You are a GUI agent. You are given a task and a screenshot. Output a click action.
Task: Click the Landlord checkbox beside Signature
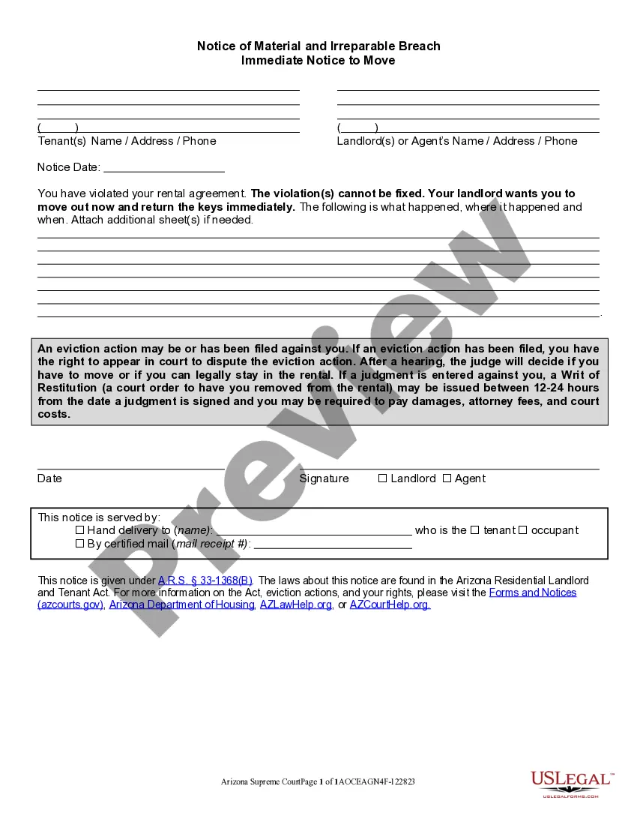382,478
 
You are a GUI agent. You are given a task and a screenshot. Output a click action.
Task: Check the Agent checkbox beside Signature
447,478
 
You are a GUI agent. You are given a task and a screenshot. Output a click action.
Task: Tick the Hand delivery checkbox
79,530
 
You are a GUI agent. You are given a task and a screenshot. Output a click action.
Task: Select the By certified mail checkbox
79,544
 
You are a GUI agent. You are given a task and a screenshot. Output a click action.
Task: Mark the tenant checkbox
474,530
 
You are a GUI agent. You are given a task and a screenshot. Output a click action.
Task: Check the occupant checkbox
523,530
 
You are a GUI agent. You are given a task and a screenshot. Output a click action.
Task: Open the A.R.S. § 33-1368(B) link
205,580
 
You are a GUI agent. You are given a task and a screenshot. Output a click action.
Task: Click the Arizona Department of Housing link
182,604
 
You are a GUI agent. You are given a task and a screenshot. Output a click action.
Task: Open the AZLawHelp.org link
296,604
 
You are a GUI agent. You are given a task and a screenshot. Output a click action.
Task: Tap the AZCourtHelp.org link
390,604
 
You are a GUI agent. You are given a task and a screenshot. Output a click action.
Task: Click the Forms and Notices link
533,592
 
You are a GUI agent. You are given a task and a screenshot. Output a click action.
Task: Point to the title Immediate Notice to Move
318,60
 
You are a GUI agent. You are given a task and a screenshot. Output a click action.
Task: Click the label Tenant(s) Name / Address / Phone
127,141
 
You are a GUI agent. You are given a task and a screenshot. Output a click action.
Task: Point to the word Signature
324,478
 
